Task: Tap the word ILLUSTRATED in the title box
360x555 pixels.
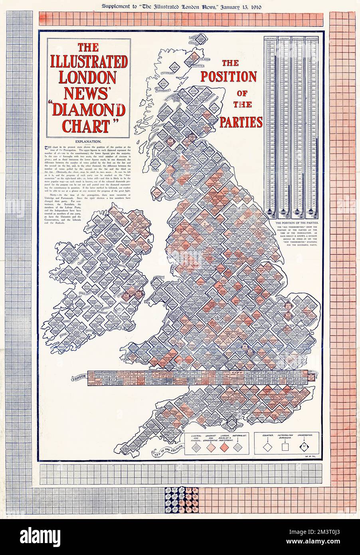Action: (x=89, y=63)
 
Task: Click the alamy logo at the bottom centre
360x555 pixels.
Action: (x=180, y=535)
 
